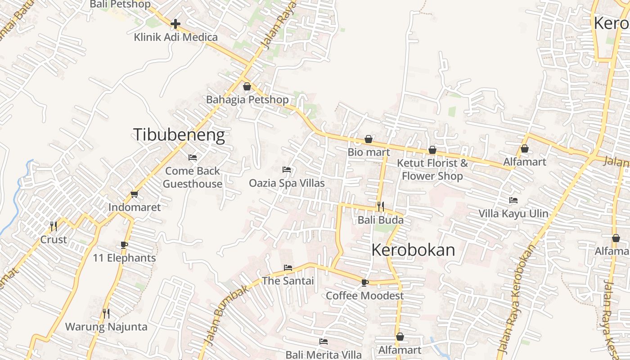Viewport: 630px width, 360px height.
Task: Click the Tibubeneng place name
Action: (179, 135)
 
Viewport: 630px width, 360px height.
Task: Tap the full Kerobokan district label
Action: (413, 250)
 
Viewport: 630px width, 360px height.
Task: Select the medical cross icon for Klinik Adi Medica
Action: (175, 23)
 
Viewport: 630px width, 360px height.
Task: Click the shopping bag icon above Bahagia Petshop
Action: (247, 86)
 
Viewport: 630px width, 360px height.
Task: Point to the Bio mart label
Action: (369, 152)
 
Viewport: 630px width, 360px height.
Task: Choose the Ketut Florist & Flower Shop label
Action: (432, 169)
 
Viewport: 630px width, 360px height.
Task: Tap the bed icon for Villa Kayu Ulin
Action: (513, 200)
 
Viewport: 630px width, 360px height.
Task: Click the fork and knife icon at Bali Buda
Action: (381, 207)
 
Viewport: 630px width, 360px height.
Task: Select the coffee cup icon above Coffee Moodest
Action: (364, 283)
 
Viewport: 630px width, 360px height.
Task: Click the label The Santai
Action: (288, 281)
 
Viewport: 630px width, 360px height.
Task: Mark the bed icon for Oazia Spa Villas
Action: (287, 170)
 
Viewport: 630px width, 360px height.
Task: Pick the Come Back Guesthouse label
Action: (193, 177)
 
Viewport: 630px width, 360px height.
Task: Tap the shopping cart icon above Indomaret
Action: (134, 194)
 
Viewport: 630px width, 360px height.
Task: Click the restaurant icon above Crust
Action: (54, 226)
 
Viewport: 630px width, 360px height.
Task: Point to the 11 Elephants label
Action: (124, 258)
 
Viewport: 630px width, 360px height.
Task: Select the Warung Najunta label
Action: (106, 327)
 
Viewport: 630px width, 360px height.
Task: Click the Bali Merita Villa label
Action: (324, 355)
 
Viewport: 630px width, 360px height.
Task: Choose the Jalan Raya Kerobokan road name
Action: (517, 298)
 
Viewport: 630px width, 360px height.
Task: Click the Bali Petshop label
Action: (120, 4)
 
